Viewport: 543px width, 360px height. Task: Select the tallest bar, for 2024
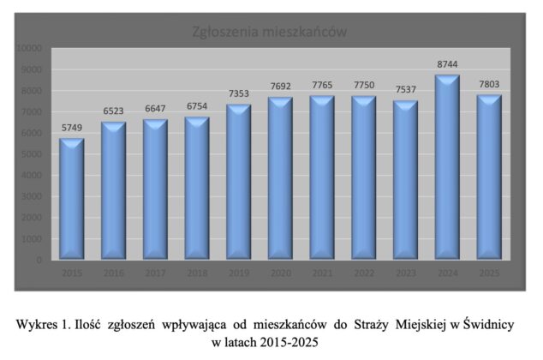[447, 167]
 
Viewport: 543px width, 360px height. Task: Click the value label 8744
[447, 64]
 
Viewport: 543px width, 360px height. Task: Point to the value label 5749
[72, 128]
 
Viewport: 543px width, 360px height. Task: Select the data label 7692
[280, 87]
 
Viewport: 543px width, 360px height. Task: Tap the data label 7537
[405, 90]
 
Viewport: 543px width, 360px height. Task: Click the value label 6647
[155, 109]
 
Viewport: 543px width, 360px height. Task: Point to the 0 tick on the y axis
[41, 260]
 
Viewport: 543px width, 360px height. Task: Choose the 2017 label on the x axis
[155, 273]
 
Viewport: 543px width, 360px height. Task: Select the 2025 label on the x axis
[489, 273]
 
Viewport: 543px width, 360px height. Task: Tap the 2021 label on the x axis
[322, 273]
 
